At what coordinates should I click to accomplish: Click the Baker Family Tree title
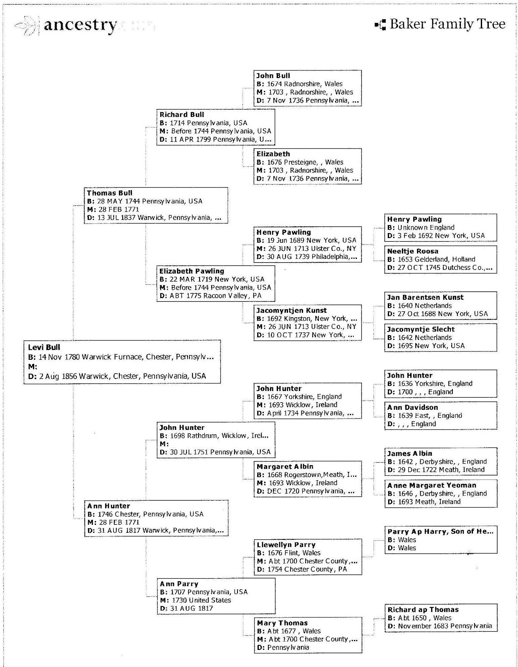coord(447,24)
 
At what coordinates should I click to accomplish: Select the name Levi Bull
coord(44,347)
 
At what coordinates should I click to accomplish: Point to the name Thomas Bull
coord(109,193)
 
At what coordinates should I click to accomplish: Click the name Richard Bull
coord(182,115)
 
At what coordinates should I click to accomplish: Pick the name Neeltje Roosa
coord(412,251)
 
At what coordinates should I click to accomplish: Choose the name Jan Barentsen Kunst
coord(425,298)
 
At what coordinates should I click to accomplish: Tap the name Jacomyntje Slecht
coord(420,329)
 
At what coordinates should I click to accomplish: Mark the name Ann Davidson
coord(412,407)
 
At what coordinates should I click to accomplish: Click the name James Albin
coord(409,454)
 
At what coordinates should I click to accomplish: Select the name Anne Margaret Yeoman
coord(432,485)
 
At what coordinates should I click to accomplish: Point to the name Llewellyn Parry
coord(286,545)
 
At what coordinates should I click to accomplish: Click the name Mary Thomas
coord(282,623)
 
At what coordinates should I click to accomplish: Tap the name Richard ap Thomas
coord(423,610)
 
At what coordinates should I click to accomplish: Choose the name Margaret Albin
coord(285,467)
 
